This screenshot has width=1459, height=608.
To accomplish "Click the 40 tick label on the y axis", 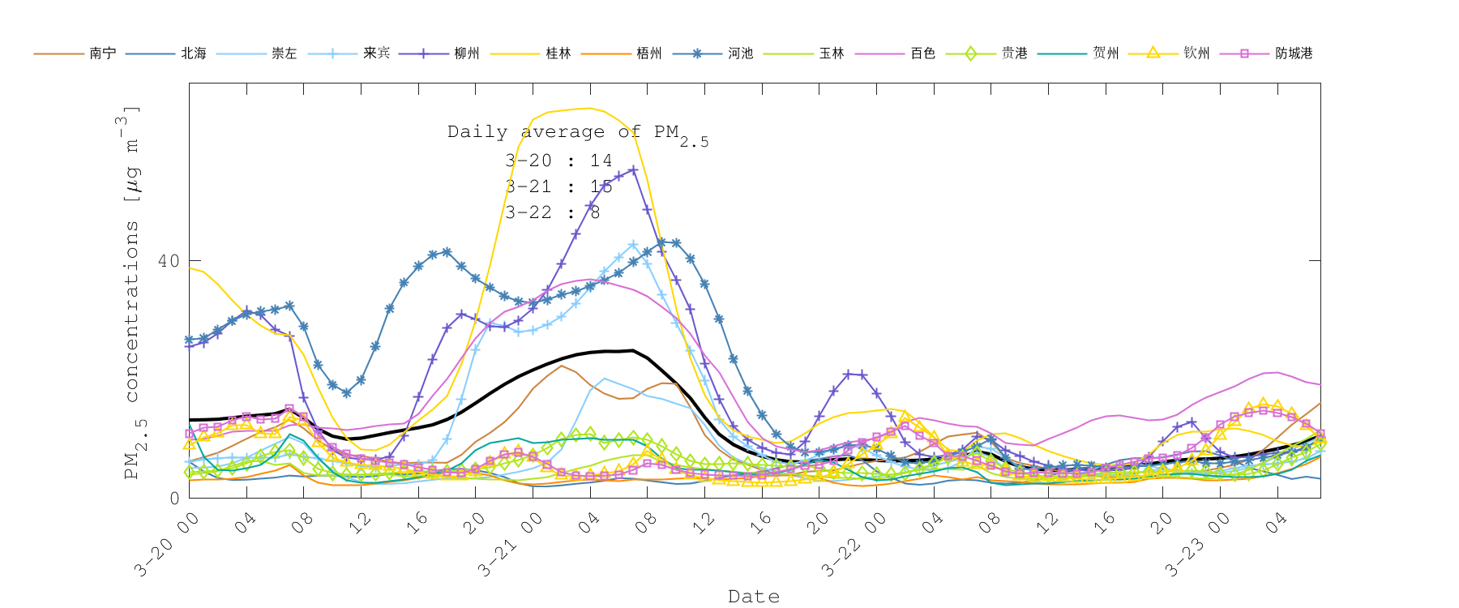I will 169,261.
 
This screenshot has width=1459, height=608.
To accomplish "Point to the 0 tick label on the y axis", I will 174,498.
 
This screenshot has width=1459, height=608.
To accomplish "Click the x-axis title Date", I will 754,597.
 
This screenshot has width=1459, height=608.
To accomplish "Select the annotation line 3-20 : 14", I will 558,161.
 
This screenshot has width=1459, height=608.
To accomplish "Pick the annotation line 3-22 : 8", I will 552,212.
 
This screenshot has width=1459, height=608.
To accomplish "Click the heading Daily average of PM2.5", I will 577,133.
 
